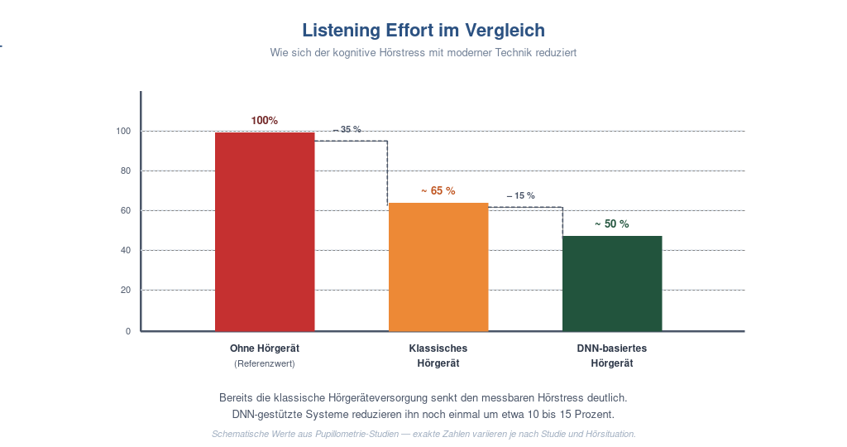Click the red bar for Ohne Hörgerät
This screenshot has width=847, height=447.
[x=265, y=232]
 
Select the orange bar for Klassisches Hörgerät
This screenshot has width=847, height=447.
[x=438, y=267]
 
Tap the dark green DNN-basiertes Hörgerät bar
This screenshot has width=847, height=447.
[x=612, y=284]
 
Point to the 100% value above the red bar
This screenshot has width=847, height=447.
[x=264, y=121]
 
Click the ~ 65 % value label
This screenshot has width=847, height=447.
[x=438, y=190]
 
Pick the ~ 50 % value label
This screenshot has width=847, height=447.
[x=612, y=223]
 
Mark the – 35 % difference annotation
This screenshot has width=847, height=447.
[x=347, y=130]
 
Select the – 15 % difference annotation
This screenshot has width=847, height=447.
[x=521, y=195]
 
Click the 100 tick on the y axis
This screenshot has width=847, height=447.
[x=123, y=132]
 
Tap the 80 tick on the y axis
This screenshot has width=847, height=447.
[x=126, y=171]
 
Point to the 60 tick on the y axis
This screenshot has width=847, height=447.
[x=126, y=211]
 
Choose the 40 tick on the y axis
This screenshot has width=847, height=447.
[x=126, y=250]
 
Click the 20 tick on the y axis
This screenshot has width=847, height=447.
[x=126, y=291]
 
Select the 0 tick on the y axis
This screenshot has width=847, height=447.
[x=128, y=331]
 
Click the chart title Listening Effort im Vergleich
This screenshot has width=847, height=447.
[x=423, y=31]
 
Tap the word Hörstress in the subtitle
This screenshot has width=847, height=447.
[x=402, y=53]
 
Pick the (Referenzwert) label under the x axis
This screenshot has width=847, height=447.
[x=265, y=363]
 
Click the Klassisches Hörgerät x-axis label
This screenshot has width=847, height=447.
[x=438, y=356]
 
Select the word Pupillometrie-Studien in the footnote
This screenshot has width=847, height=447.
[x=357, y=434]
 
